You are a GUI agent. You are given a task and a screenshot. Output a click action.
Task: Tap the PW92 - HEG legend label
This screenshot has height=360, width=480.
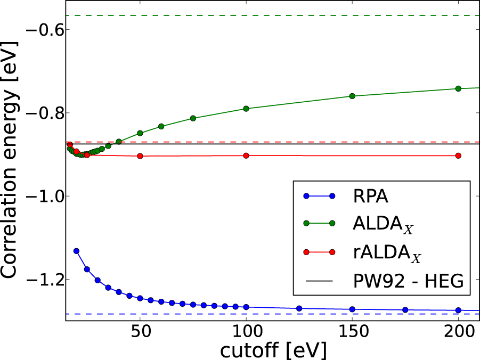point(410,281)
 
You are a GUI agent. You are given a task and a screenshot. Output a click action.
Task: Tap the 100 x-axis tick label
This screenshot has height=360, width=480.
point(246,332)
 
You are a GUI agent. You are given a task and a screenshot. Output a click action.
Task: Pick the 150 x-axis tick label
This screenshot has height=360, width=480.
point(352,332)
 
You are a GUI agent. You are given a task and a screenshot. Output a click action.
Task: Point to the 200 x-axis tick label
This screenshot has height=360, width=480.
point(458,332)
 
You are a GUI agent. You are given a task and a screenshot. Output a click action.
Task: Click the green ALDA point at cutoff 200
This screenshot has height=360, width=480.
point(458,88)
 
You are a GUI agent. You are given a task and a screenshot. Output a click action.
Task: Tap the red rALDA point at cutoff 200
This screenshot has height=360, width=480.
point(458,156)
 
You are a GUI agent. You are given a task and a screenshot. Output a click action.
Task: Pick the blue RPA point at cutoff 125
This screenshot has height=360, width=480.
point(299,308)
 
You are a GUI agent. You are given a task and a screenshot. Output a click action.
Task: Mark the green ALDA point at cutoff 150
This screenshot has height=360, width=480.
point(352,96)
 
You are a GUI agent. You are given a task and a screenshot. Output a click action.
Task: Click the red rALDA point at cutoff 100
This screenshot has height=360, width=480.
point(246,156)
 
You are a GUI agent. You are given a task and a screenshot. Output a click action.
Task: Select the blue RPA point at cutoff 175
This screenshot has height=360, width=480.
point(405,310)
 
